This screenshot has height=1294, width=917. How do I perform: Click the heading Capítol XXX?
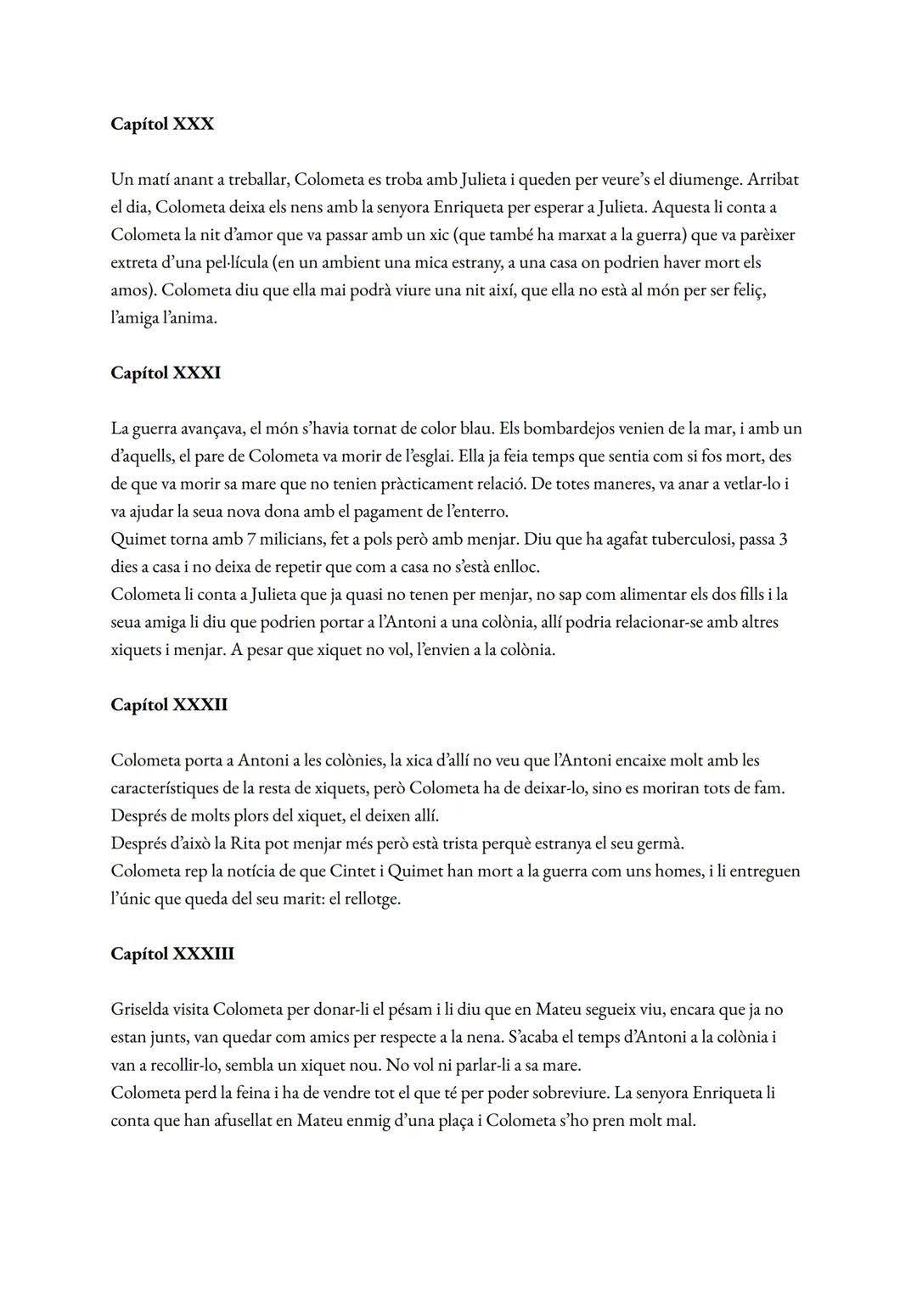coord(162,125)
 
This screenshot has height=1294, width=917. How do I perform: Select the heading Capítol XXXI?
coord(166,373)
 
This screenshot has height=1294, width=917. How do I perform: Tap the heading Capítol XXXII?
coord(169,705)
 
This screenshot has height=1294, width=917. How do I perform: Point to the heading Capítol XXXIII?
coord(172,954)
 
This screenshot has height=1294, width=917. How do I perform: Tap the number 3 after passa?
coord(782,539)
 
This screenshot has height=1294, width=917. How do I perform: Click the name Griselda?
coord(142,1010)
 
